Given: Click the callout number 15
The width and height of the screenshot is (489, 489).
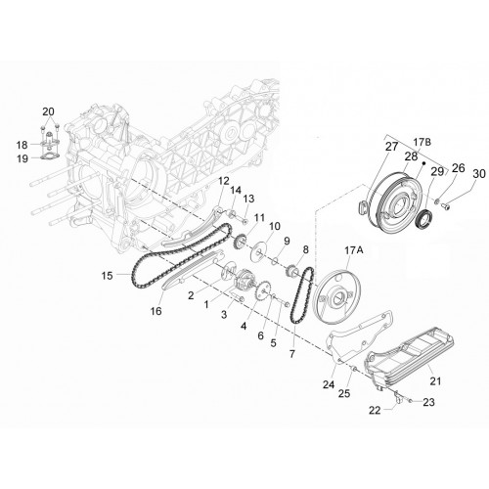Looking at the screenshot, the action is coord(107,276).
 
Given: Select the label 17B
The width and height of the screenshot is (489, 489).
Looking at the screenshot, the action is coord(422,142).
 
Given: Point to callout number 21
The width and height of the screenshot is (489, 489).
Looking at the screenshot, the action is coord(436,380).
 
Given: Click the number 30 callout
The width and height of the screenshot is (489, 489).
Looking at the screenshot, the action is coord(479,174).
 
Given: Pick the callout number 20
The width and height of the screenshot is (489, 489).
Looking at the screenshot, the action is coord(48,111).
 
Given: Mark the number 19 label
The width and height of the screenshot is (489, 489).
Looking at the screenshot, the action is coord(22,158).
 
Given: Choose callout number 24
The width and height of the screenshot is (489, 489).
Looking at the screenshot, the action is coord(329,384).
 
